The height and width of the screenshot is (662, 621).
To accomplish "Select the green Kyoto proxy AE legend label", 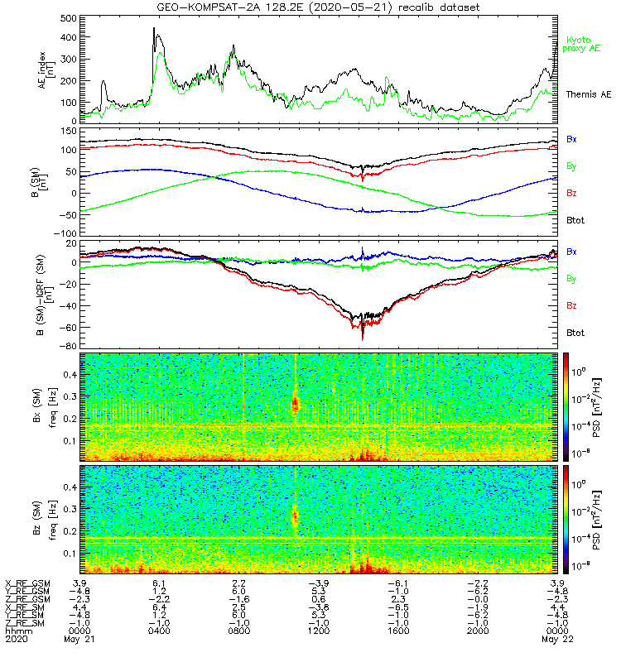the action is pyautogui.click(x=581, y=45).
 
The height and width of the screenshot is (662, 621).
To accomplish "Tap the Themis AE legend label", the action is pyautogui.click(x=589, y=94).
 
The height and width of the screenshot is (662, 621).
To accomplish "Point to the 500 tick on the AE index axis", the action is pyautogui.click(x=69, y=18).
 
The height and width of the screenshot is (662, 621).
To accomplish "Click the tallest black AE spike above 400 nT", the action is pyautogui.click(x=154, y=29).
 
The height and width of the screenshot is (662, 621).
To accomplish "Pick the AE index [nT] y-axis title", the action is pyautogui.click(x=46, y=70).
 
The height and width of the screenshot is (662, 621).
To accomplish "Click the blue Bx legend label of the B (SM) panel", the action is pyautogui.click(x=571, y=139).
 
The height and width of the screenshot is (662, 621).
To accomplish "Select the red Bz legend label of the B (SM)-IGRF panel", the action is pyautogui.click(x=571, y=305).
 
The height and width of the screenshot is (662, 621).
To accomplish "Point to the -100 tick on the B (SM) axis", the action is pyautogui.click(x=65, y=233).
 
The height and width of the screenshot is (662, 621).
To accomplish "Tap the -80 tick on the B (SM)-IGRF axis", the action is pyautogui.click(x=69, y=346).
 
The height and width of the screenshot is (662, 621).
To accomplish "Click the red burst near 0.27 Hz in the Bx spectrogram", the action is pyautogui.click(x=295, y=404).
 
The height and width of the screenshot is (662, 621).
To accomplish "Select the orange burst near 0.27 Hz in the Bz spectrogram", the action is pyautogui.click(x=295, y=516).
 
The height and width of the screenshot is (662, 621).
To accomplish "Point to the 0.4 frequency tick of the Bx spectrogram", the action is pyautogui.click(x=70, y=375).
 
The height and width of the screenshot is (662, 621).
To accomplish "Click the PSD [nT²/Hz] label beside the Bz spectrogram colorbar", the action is pyautogui.click(x=596, y=520).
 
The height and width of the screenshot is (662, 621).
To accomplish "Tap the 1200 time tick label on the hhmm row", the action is pyautogui.click(x=319, y=631).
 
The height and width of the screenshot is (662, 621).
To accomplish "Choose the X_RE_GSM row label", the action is pyautogui.click(x=27, y=584).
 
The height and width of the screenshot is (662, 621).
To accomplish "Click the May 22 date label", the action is pyautogui.click(x=557, y=639).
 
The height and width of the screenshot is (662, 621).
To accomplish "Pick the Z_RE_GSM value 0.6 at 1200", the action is pyautogui.click(x=319, y=599).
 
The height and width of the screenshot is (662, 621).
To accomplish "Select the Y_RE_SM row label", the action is pyautogui.click(x=25, y=615).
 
